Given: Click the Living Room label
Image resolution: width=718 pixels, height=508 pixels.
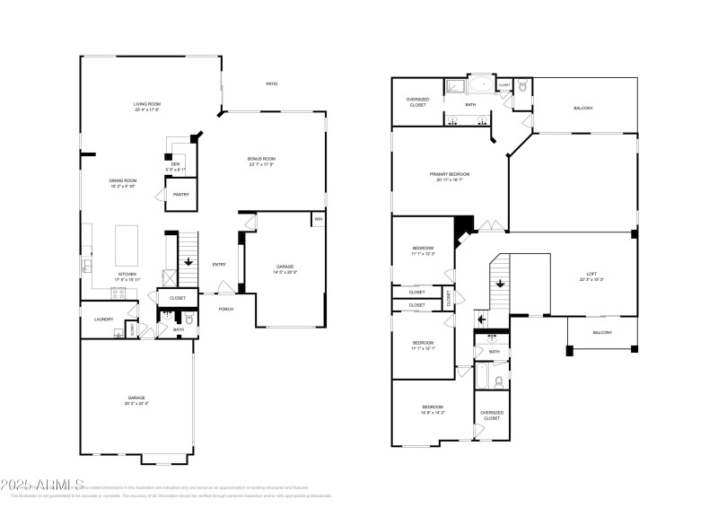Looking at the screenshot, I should (x=146, y=105).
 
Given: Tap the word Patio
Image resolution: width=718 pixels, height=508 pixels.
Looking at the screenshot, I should (x=271, y=83).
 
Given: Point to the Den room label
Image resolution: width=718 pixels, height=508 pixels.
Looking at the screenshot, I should (x=176, y=163).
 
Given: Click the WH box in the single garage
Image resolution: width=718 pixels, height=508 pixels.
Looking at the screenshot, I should (x=318, y=219).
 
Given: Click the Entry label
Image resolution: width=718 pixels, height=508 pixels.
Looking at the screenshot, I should (x=219, y=264).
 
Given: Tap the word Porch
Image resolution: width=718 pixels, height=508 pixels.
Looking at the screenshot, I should (x=226, y=309).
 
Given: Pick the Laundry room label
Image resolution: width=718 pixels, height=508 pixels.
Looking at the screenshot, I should (x=102, y=319).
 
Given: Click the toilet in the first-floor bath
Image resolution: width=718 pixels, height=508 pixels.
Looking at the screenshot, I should (x=188, y=318).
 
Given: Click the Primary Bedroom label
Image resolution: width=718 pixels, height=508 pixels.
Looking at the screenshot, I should (x=450, y=174).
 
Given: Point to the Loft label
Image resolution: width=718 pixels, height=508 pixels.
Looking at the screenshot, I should (x=591, y=276).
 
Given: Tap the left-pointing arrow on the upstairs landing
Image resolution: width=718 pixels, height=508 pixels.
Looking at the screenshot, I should (x=480, y=319).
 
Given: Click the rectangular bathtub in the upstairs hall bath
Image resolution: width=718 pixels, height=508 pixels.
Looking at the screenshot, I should (x=481, y=377).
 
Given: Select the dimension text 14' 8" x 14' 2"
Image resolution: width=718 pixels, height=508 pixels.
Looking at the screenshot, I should (x=433, y=413).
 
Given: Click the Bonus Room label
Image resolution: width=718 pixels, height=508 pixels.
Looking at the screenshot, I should (x=261, y=159).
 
